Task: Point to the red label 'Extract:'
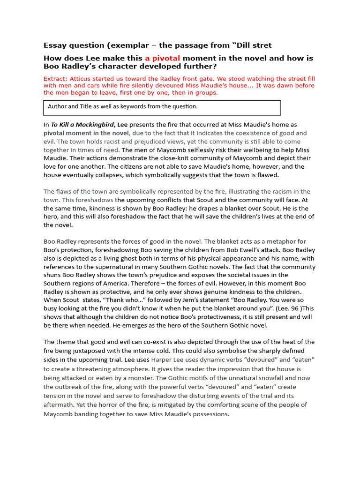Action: pyautogui.click(x=56, y=79)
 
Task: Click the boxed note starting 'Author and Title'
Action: pyautogui.click(x=123, y=107)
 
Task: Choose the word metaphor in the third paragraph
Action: pyautogui.click(x=290, y=241)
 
